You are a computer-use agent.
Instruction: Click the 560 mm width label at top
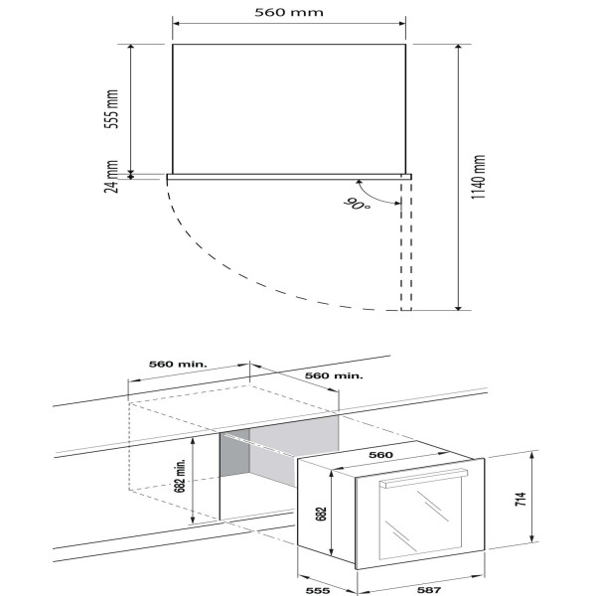point(289,12)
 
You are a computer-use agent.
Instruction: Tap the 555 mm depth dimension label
point(111,109)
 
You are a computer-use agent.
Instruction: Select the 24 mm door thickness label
point(111,177)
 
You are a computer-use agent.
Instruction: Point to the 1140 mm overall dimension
point(478,177)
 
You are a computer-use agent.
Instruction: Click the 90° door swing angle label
point(357,204)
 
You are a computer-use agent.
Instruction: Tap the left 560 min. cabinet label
point(178,365)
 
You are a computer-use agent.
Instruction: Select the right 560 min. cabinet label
point(334,375)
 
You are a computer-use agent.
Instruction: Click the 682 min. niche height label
point(180,476)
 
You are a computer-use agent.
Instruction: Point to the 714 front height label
point(521,499)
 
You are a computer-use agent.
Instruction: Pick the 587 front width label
point(429,590)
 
